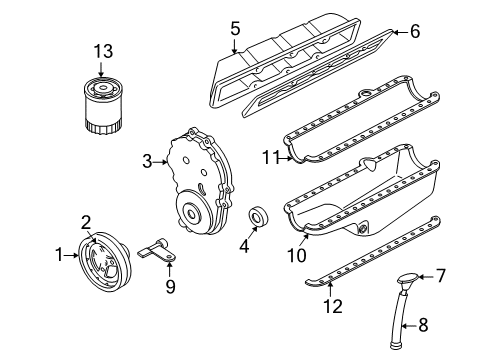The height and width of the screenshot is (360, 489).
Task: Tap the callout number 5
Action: coord(234,28)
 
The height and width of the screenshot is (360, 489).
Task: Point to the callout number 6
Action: coord(414,31)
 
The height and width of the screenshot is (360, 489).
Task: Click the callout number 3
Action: coord(146,161)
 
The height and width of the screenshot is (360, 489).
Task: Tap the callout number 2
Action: coord(86,223)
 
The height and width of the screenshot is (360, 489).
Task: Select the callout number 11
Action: coord(271,157)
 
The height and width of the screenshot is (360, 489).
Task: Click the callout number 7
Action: coord(440,275)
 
